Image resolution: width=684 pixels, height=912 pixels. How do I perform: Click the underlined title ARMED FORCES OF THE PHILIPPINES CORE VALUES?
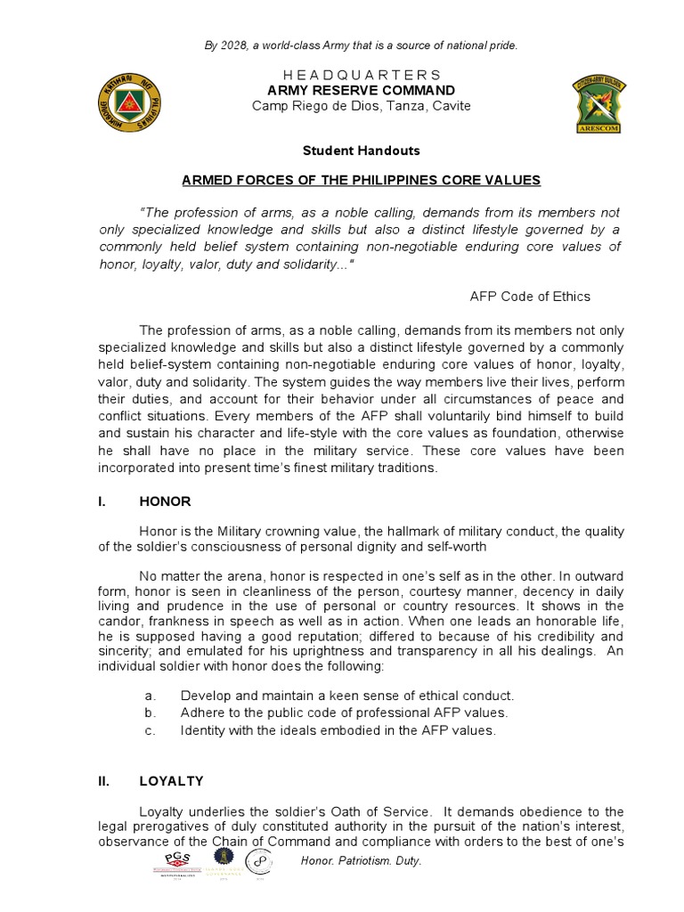coord(361,180)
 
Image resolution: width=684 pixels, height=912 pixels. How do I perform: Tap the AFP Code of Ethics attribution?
coord(529,297)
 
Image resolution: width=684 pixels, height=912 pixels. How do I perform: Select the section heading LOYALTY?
coord(171,781)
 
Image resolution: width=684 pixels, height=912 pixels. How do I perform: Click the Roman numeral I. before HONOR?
coord(102,501)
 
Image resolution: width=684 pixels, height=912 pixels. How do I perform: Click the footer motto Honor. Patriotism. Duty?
coord(362,861)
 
